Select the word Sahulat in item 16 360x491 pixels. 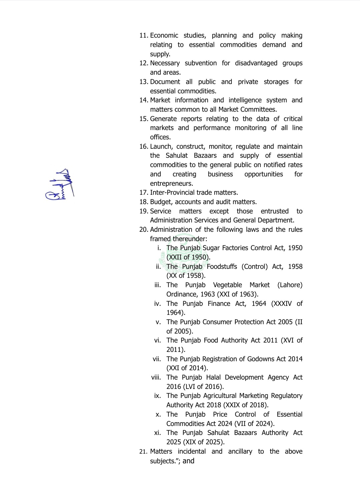point(177,156)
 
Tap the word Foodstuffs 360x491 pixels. point(222,267)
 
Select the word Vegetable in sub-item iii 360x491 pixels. point(227,285)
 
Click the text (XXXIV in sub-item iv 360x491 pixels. point(281,304)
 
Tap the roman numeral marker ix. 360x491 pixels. point(157,396)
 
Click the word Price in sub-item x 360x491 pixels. point(220,415)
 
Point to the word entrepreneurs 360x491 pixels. point(171,184)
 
